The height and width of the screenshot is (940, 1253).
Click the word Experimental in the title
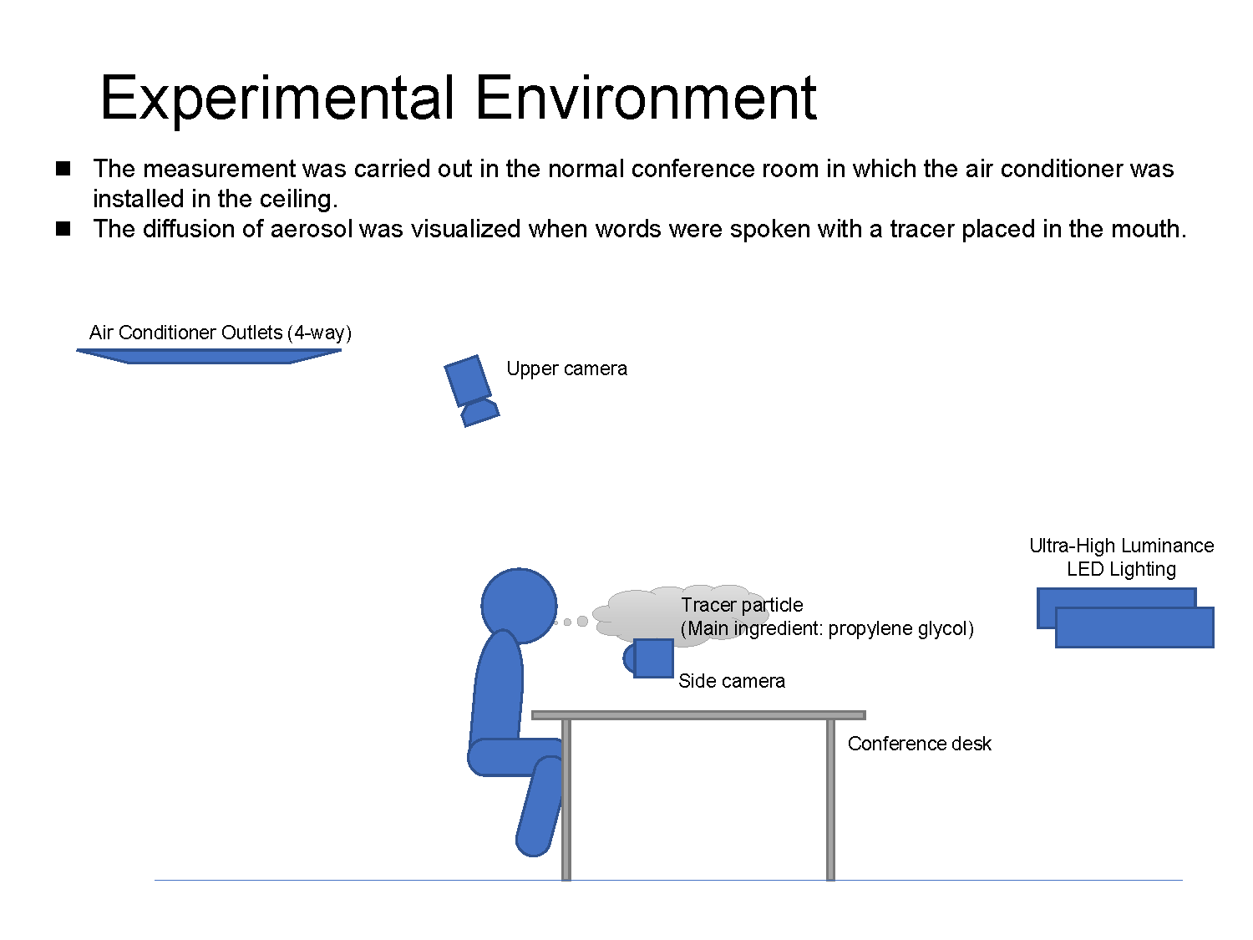277,98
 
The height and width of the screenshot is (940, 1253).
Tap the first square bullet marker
63,169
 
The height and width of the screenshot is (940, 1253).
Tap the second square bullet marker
63,229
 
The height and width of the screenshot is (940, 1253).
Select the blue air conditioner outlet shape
209,356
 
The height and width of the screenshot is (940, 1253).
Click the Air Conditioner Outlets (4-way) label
221,333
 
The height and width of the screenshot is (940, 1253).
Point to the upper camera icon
471,390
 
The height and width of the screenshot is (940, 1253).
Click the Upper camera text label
567,368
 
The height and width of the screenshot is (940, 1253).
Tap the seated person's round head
519,606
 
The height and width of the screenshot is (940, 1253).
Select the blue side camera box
653,658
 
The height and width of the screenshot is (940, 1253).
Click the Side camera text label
732,681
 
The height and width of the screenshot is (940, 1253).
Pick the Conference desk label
919,744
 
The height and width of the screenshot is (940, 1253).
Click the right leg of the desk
830,800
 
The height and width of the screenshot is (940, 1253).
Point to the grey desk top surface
698,715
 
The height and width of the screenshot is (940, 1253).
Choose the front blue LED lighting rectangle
1134,628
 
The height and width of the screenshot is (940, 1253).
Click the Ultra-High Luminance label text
1121,546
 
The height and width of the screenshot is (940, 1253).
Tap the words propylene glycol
900,628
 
